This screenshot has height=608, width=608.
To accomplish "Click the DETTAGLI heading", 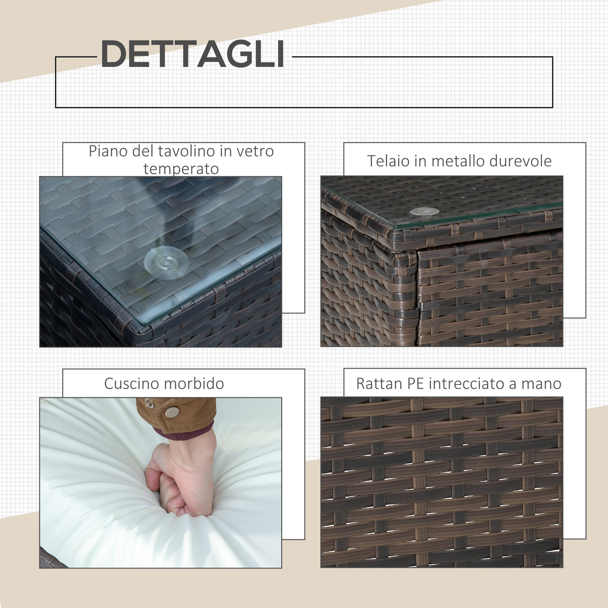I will pyautogui.click(x=192, y=54).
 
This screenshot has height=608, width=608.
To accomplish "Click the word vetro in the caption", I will pyautogui.click(x=254, y=151).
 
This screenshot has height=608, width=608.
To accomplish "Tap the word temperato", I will pyautogui.click(x=181, y=169).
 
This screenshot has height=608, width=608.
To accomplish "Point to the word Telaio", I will pyautogui.click(x=384, y=161).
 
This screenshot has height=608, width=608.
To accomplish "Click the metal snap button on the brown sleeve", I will pyautogui.click(x=172, y=412).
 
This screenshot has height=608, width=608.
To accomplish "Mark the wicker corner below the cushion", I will pyautogui.click(x=51, y=559).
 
